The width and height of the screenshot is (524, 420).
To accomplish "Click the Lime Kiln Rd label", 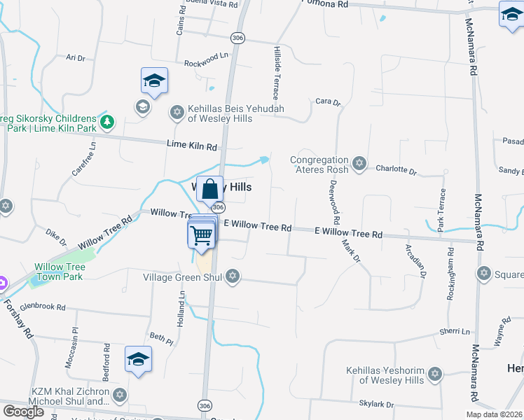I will point(192,146).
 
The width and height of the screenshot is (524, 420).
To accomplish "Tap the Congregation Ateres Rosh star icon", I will point(359,164).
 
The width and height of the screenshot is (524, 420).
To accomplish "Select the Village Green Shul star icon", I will point(233,277).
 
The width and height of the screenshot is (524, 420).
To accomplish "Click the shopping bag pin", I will point(210,189).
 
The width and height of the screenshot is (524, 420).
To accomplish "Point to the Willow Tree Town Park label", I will point(60,272).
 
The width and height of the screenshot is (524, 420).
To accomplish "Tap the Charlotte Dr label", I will point(396,169).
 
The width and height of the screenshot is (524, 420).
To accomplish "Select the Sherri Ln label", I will point(455,331).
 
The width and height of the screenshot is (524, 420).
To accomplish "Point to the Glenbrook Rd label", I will point(43,307).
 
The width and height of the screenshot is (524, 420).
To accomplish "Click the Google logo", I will point(23,412).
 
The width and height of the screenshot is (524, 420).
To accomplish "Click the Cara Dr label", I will point(327,101).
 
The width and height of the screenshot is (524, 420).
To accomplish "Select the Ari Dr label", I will point(75,58).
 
